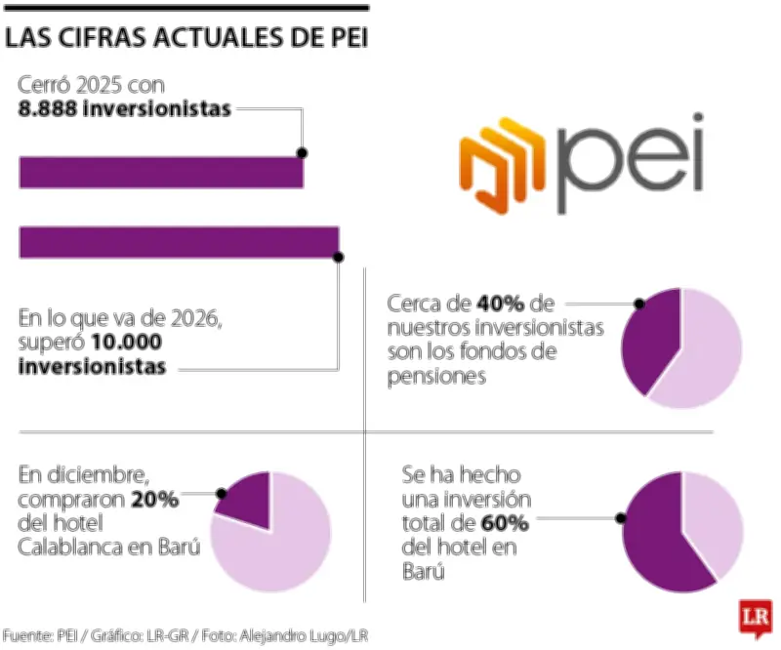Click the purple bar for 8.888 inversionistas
pyautogui.click(x=161, y=173)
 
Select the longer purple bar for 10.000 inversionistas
pyautogui.click(x=179, y=242)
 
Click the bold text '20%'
pyautogui.click(x=155, y=500)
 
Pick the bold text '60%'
pyautogui.click(x=505, y=524)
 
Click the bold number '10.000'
pyautogui.click(x=128, y=344)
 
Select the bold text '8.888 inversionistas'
pyautogui.click(x=124, y=108)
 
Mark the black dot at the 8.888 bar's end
pyautogui.click(x=303, y=153)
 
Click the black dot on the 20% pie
pyautogui.click(x=223, y=494)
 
